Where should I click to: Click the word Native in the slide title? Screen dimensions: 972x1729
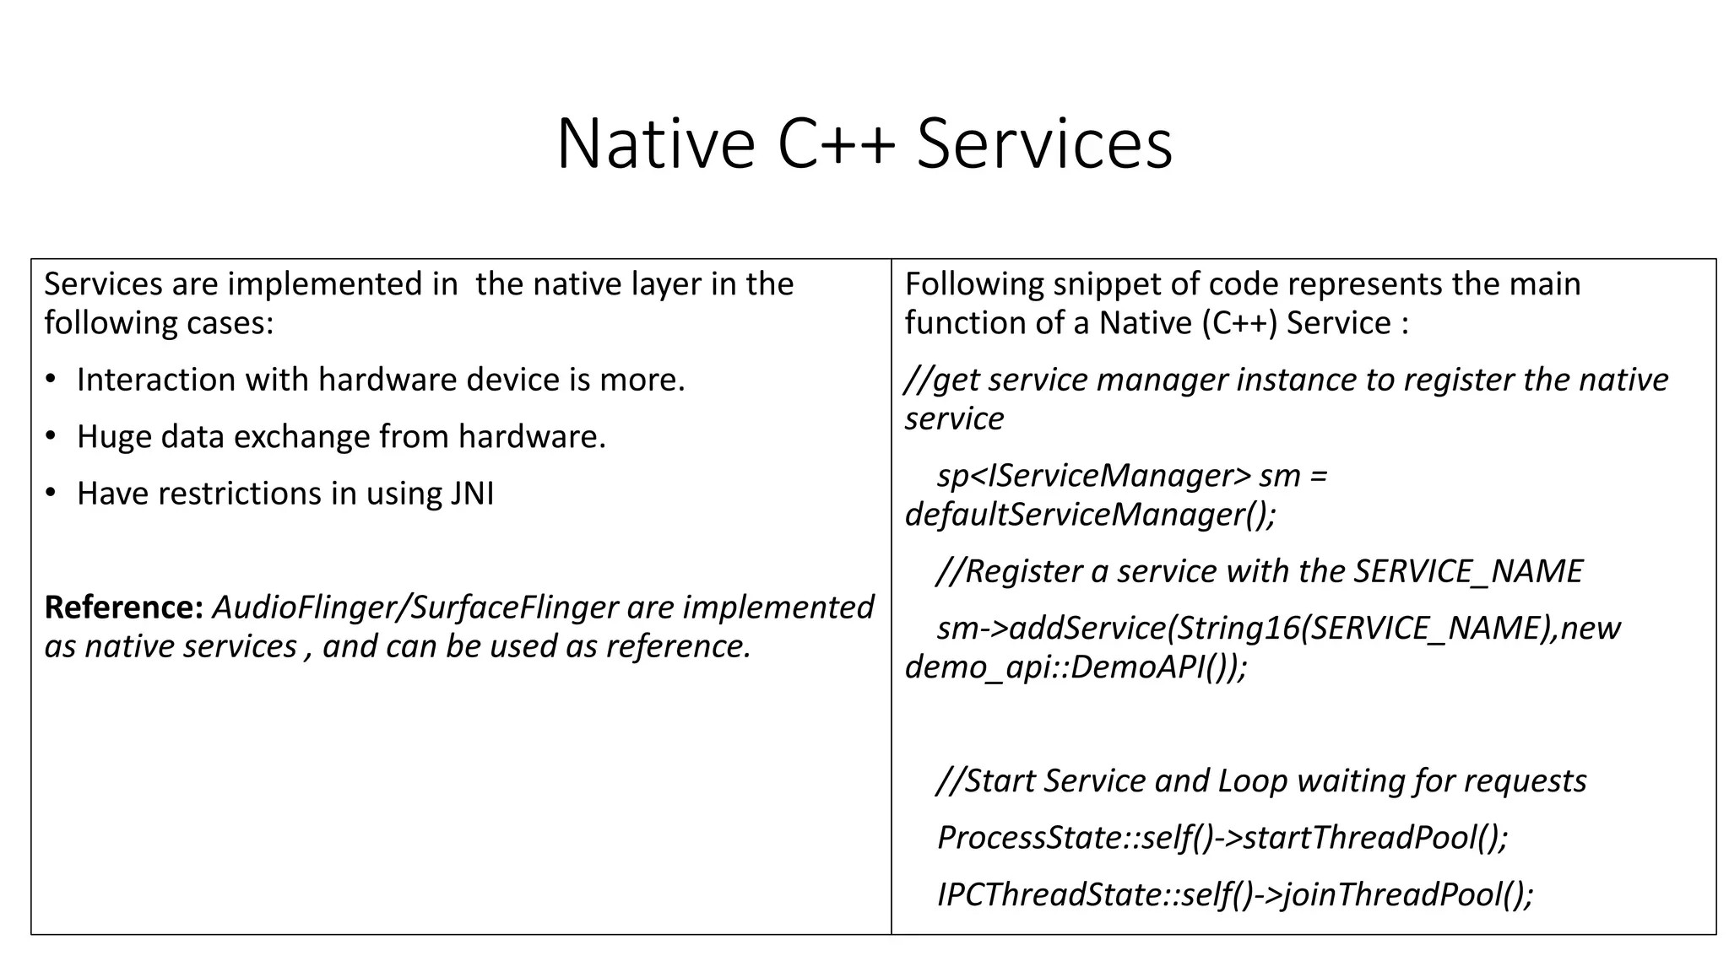tap(655, 143)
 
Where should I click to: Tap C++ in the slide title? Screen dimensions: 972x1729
tap(836, 143)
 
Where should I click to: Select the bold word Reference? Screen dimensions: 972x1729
tap(123, 607)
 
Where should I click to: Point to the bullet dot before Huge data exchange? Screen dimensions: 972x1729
tap(51, 436)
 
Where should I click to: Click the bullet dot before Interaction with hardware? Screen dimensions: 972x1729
tap(51, 380)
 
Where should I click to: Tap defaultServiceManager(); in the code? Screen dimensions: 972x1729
tap(1090, 514)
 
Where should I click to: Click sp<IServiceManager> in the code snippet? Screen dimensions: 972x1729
tap(1094, 476)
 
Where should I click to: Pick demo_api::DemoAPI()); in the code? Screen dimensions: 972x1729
tap(1076, 667)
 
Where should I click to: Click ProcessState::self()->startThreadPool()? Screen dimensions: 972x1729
tap(1222, 837)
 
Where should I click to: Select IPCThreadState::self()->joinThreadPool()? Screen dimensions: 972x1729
tap(1234, 894)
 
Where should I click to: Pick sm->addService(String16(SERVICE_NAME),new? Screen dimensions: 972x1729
tap(1278, 629)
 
